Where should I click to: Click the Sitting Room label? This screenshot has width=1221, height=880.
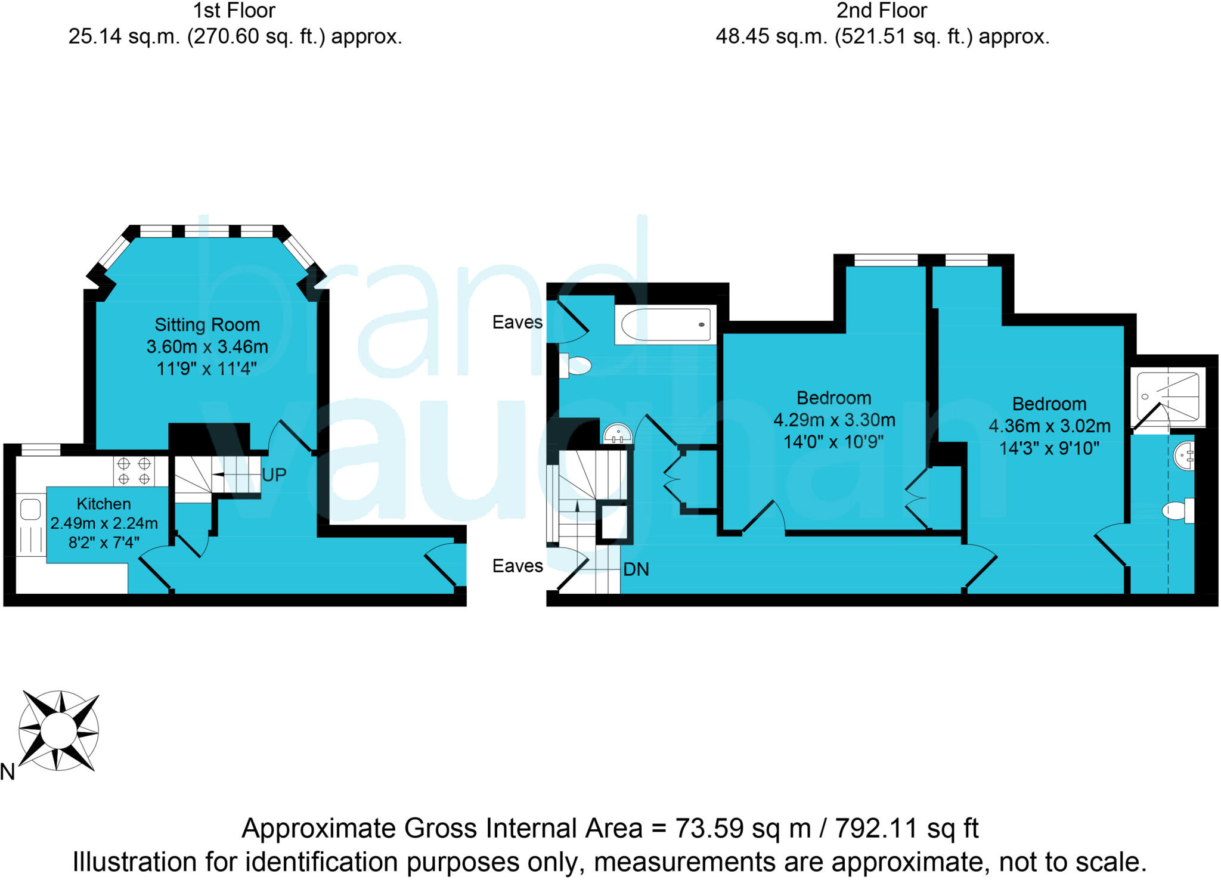[207, 325]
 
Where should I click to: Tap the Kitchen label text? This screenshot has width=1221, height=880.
[104, 504]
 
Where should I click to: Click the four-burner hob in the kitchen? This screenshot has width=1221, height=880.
[134, 471]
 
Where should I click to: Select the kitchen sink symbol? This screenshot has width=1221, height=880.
[30, 510]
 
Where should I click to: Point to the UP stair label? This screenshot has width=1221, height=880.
[274, 475]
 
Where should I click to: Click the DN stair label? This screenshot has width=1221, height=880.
[636, 569]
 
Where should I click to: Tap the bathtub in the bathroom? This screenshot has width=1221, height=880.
[665, 325]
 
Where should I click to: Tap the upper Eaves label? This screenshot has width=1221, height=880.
[517, 323]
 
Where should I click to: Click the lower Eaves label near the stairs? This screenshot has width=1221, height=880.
[517, 566]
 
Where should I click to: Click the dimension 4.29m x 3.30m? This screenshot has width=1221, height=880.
[834, 420]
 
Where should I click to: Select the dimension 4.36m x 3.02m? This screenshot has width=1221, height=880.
[1049, 426]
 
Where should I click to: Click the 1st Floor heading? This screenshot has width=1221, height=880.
[234, 11]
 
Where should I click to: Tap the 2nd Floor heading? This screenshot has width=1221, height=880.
[881, 11]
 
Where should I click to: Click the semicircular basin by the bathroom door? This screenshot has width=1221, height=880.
[618, 435]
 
